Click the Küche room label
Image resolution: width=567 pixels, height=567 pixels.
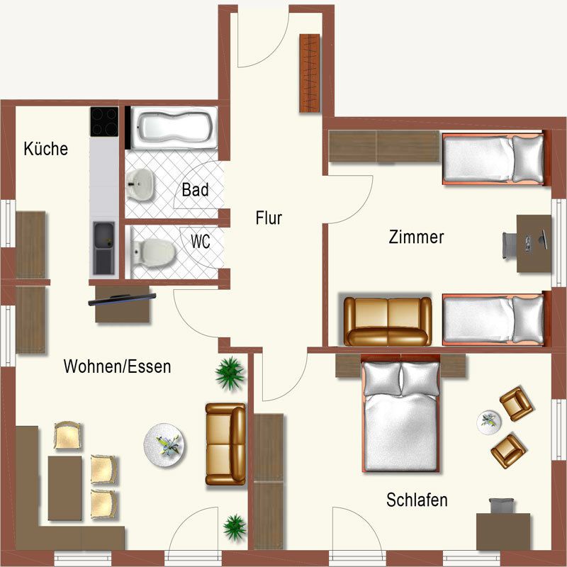(46, 149)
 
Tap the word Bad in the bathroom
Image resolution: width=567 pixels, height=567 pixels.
(196, 190)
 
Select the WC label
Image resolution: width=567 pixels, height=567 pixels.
(201, 242)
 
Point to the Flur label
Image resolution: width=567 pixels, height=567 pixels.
(269, 218)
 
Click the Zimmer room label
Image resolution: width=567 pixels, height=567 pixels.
(416, 237)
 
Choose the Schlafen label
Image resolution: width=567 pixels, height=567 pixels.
(417, 500)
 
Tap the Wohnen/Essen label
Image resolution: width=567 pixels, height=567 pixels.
(117, 366)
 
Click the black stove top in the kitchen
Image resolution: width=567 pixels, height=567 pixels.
(104, 121)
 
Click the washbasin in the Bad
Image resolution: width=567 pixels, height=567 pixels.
(140, 184)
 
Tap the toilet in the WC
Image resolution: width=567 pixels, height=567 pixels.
(154, 252)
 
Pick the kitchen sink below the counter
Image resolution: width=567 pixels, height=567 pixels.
(103, 248)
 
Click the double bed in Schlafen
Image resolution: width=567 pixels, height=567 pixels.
(400, 413)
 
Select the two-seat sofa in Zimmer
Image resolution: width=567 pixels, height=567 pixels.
(388, 321)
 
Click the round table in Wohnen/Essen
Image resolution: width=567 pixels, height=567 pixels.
(164, 445)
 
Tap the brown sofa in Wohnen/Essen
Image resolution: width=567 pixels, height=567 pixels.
(225, 444)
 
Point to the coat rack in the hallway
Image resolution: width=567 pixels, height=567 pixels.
(310, 73)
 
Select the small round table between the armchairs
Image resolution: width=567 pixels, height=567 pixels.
(489, 422)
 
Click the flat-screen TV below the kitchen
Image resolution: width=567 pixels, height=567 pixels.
(122, 299)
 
